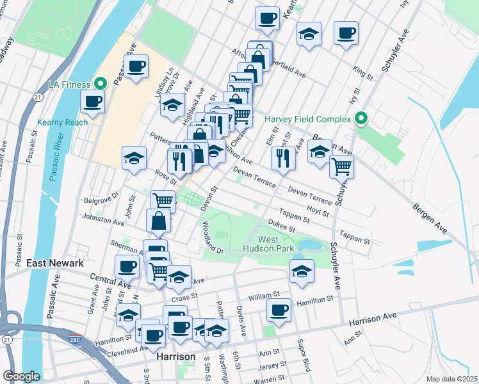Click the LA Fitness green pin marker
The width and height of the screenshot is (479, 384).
click(x=101, y=83)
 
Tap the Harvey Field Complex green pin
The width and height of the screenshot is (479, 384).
click(x=361, y=118)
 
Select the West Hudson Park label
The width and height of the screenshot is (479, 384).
click(x=267, y=244)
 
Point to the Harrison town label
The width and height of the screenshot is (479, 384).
click(x=175, y=356)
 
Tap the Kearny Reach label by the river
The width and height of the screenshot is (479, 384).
click(x=62, y=122)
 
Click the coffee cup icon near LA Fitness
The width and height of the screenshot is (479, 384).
click(x=92, y=101)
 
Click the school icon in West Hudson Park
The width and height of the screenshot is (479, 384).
click(x=302, y=271)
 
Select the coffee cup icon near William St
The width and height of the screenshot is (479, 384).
click(x=279, y=310)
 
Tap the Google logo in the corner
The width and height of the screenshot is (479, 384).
click(x=21, y=376)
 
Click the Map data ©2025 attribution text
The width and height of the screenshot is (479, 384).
click(x=451, y=379)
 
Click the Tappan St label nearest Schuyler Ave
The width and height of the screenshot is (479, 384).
click(x=355, y=237)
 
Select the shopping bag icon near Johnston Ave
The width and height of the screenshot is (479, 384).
click(x=158, y=221)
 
